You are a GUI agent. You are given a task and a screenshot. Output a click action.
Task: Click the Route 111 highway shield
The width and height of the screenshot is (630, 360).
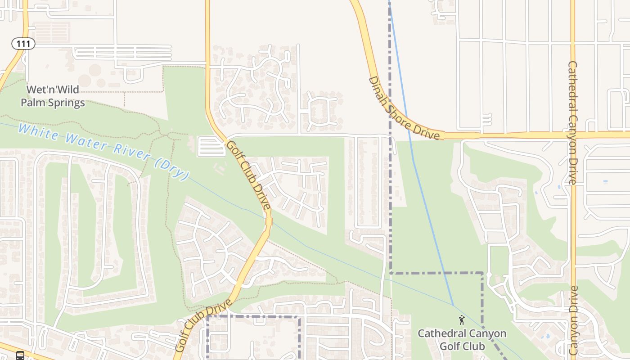point(23,44)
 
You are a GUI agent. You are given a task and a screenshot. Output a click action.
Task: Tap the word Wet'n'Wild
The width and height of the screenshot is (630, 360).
point(53,89)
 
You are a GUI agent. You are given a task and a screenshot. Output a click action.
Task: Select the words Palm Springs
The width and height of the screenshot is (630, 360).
point(53,103)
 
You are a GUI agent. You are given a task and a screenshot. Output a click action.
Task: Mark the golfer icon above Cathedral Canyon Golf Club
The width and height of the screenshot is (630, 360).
point(462,320)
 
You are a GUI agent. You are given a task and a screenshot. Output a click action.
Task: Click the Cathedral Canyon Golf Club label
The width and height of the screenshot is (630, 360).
point(462,340)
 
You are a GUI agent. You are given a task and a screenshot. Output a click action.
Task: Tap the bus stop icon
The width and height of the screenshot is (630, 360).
point(20,355)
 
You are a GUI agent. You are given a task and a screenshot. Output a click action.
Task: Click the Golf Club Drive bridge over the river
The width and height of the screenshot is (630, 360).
point(269,221)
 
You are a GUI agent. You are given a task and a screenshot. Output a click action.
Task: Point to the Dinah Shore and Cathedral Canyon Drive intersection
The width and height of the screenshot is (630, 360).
point(573,135)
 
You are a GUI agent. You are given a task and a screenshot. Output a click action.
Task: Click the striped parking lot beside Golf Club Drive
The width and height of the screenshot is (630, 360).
point(211,146)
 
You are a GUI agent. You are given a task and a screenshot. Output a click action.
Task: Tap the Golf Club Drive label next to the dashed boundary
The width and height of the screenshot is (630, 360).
point(203,324)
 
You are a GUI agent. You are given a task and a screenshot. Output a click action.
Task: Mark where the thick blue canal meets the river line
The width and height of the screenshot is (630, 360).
point(453,306)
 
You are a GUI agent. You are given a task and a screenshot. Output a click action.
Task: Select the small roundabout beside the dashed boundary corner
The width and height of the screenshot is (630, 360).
point(489,274)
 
